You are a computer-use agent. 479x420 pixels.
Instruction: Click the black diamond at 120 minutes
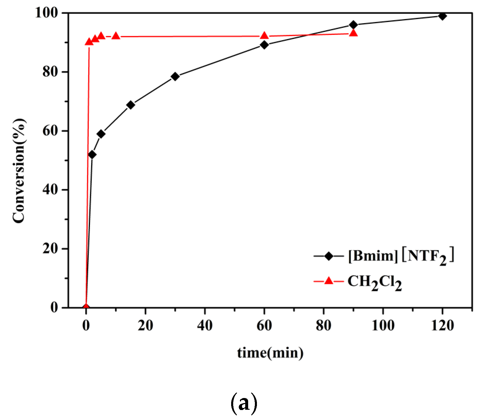[442, 16]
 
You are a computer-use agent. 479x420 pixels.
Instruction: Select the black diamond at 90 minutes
[353, 25]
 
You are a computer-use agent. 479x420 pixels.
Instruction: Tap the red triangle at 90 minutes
[354, 33]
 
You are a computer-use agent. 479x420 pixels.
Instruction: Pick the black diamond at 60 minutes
[264, 45]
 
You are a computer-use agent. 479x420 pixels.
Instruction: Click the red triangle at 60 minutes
[264, 36]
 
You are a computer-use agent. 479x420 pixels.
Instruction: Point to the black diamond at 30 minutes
[175, 76]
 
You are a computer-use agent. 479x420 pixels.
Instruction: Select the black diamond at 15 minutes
[131, 105]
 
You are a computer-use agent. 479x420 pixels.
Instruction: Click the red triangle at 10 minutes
[116, 36]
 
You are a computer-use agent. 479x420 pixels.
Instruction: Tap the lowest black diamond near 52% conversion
[92, 154]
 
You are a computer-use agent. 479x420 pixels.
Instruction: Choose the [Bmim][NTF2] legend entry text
[401, 256]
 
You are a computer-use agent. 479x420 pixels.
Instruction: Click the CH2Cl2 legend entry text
[374, 282]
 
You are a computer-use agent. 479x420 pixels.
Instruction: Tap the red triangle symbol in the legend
[329, 281]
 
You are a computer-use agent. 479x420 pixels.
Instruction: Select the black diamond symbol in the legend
[329, 256]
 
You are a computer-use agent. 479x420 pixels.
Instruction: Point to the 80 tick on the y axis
[50, 72]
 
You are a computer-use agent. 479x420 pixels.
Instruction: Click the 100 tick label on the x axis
[383, 326]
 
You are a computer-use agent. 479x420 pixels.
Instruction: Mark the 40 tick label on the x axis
[204, 326]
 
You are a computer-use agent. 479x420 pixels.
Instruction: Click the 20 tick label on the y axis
[50, 249]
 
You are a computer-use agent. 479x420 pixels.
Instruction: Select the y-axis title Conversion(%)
[19, 171]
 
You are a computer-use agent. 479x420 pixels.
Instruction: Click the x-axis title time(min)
[270, 353]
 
